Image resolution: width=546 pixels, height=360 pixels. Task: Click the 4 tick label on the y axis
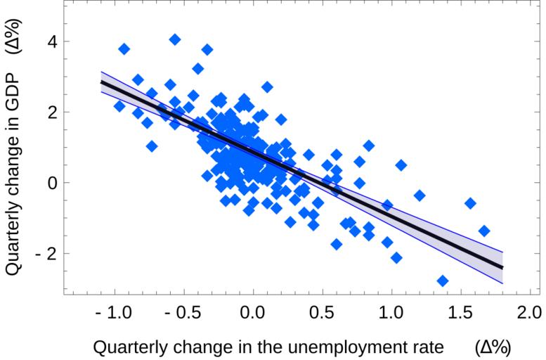click(x=52, y=41)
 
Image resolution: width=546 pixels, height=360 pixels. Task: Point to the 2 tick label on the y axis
click(x=52, y=112)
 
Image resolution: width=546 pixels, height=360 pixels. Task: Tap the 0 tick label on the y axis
click(x=52, y=183)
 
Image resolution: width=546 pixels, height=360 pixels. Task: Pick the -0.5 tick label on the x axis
click(x=181, y=311)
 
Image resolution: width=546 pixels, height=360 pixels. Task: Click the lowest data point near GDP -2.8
click(x=442, y=281)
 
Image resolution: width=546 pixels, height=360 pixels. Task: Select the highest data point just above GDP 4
click(x=175, y=39)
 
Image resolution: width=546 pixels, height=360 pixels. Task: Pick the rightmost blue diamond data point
click(x=483, y=231)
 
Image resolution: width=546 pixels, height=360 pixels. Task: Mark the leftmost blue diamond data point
click(x=119, y=106)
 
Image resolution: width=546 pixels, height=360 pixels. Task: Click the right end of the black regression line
click(x=502, y=268)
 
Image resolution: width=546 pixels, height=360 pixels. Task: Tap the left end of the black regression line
click(x=101, y=82)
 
